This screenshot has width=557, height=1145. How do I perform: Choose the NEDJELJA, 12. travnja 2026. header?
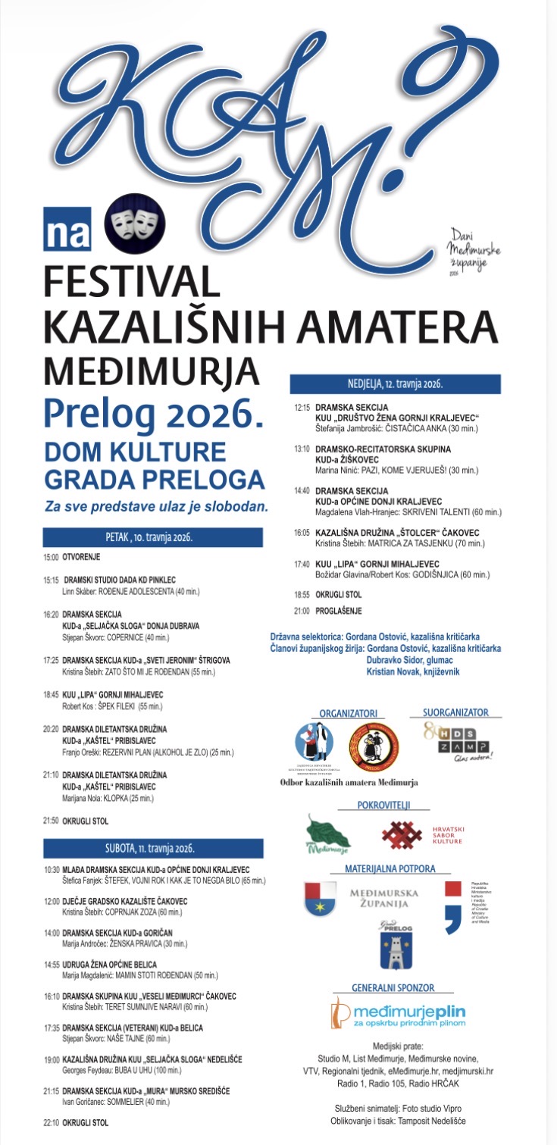pos(395,383)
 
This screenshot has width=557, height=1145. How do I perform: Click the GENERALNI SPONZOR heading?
pos(393,988)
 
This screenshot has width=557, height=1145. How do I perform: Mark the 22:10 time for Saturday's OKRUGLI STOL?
pos(52,1122)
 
